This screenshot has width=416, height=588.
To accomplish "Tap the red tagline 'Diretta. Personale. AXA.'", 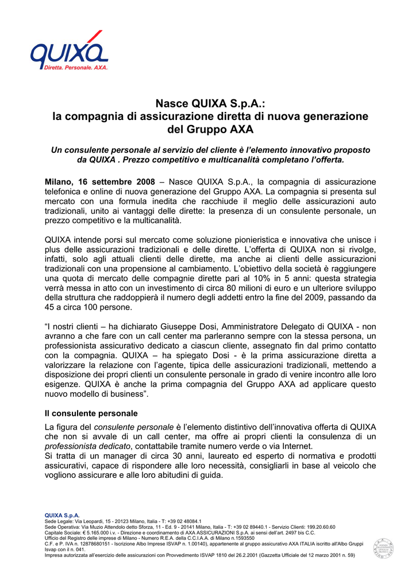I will tap(76, 68).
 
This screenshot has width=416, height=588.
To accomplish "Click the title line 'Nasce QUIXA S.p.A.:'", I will tap(210, 104).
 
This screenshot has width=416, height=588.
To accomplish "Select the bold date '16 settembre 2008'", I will tap(118, 182).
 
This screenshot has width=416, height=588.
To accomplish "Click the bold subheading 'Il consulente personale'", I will tap(91, 413).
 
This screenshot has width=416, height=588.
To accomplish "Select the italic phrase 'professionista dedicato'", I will tap(88, 446).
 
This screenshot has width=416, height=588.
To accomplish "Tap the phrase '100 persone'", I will tap(93, 307).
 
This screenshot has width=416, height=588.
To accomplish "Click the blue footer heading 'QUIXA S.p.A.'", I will tap(62, 516).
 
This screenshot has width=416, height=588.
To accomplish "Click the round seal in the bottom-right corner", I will tap(383, 548).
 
